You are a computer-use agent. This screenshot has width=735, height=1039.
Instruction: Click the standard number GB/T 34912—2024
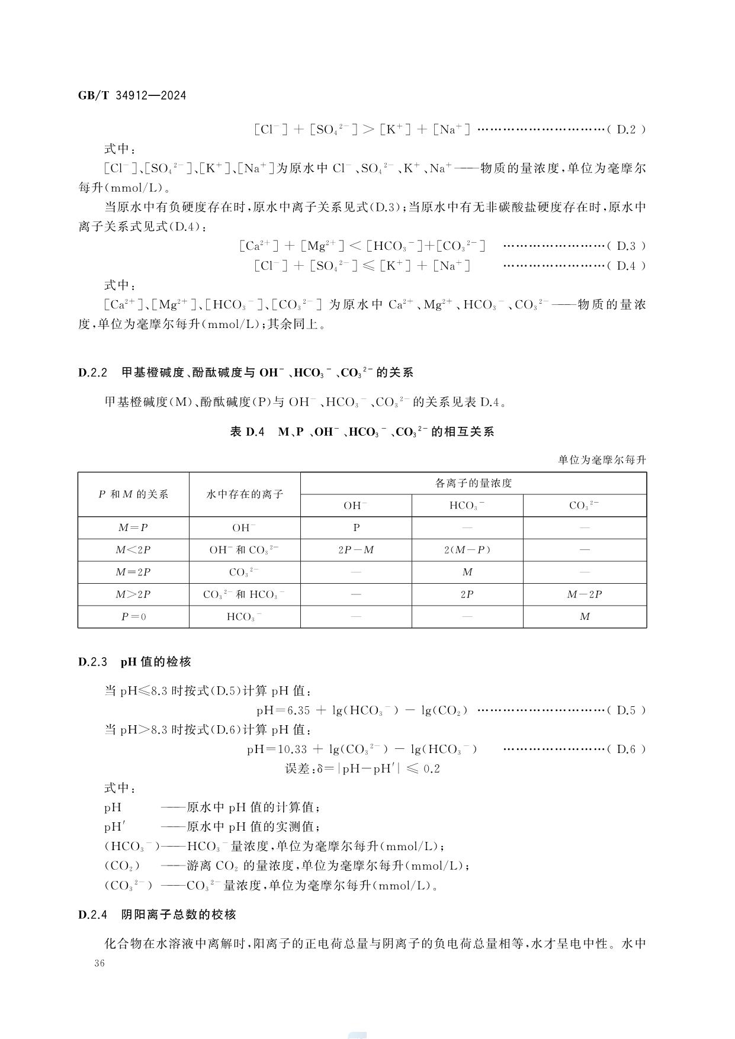point(132,95)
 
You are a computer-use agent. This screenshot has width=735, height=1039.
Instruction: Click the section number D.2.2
point(92,373)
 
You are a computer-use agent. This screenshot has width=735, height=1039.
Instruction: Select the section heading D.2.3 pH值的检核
point(134,662)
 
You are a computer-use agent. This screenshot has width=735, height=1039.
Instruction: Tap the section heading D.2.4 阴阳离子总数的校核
point(157,915)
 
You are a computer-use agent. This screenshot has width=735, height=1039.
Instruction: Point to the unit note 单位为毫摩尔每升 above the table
point(602,460)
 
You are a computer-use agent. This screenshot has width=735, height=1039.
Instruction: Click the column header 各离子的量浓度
point(473,483)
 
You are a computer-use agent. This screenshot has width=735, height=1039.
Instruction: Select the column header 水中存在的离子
point(245,494)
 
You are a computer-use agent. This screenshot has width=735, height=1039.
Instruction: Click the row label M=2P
point(133,572)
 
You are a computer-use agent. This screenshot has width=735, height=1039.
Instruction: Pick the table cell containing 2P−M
point(356,550)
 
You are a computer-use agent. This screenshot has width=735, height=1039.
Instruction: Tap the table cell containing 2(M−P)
point(467,550)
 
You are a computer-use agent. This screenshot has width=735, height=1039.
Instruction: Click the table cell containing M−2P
point(585,594)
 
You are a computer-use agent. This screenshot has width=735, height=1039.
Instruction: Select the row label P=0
point(133,617)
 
